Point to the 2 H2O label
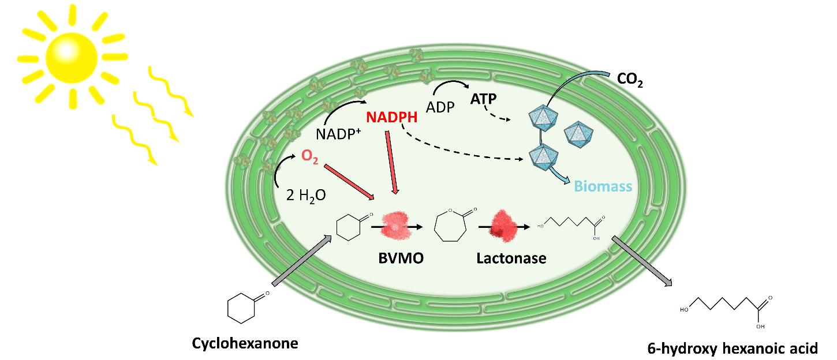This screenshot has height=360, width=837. [306, 195]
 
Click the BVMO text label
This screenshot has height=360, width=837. [402, 258]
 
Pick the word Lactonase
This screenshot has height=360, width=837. [511, 258]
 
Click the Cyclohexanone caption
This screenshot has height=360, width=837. [245, 344]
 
